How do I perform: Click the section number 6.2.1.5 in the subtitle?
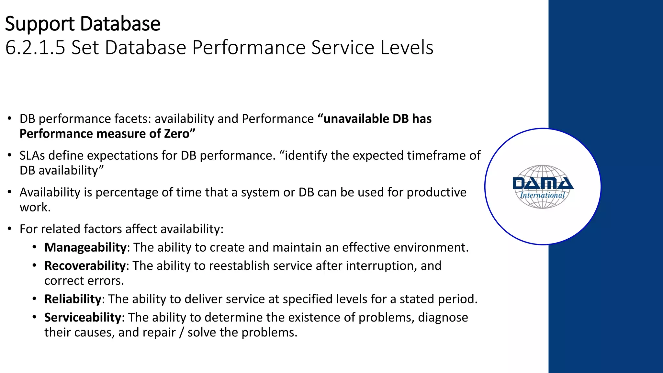tap(35, 48)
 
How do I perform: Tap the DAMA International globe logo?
tap(543, 186)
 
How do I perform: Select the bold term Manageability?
tap(85, 247)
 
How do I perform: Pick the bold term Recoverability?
tap(85, 266)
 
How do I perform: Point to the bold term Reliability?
tap(73, 299)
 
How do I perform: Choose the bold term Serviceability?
tap(83, 318)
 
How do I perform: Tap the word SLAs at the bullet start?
tap(32, 156)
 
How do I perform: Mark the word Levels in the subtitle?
tap(407, 48)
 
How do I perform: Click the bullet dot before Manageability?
tap(34, 247)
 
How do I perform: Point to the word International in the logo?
tap(542, 195)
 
